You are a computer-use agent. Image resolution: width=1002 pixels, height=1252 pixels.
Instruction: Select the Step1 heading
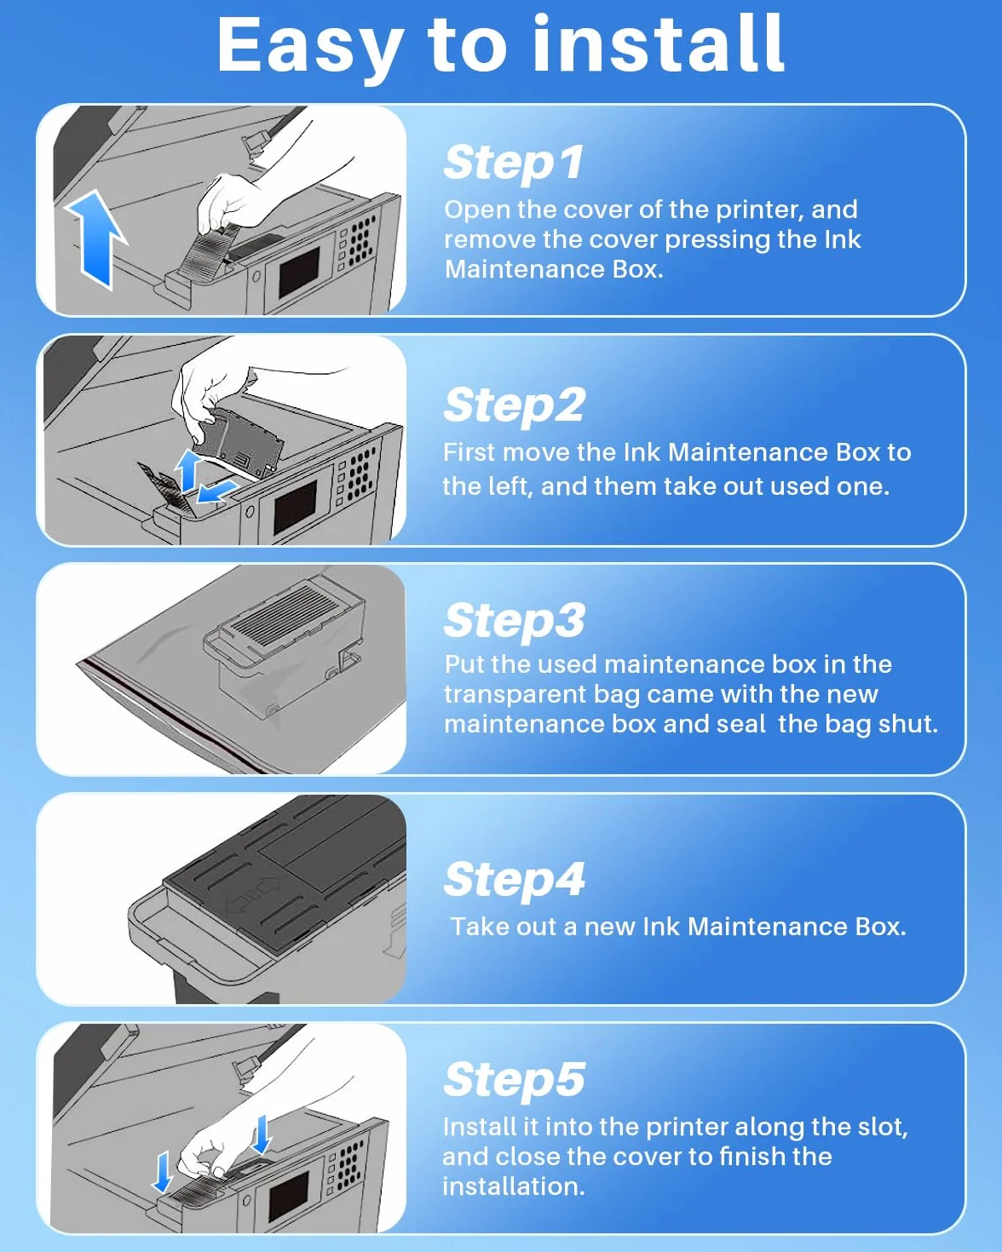[513, 163]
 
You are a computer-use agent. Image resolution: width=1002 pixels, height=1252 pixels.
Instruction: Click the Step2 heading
[514, 405]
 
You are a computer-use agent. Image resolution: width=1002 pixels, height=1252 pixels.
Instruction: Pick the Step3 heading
[514, 621]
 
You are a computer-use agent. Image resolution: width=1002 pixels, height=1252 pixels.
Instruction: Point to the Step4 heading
[514, 879]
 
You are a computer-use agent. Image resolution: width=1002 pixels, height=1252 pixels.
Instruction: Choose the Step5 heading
[514, 1079]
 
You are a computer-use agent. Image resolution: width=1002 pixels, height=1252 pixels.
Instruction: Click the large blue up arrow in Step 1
[96, 239]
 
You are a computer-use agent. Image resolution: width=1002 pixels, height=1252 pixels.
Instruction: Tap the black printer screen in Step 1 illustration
[299, 273]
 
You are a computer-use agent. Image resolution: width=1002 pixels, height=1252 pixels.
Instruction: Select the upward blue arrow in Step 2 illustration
[188, 469]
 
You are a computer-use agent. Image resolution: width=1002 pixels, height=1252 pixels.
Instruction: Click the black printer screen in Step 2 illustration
[295, 508]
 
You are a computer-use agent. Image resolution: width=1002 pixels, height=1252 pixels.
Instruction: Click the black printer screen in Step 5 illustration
[289, 1197]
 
